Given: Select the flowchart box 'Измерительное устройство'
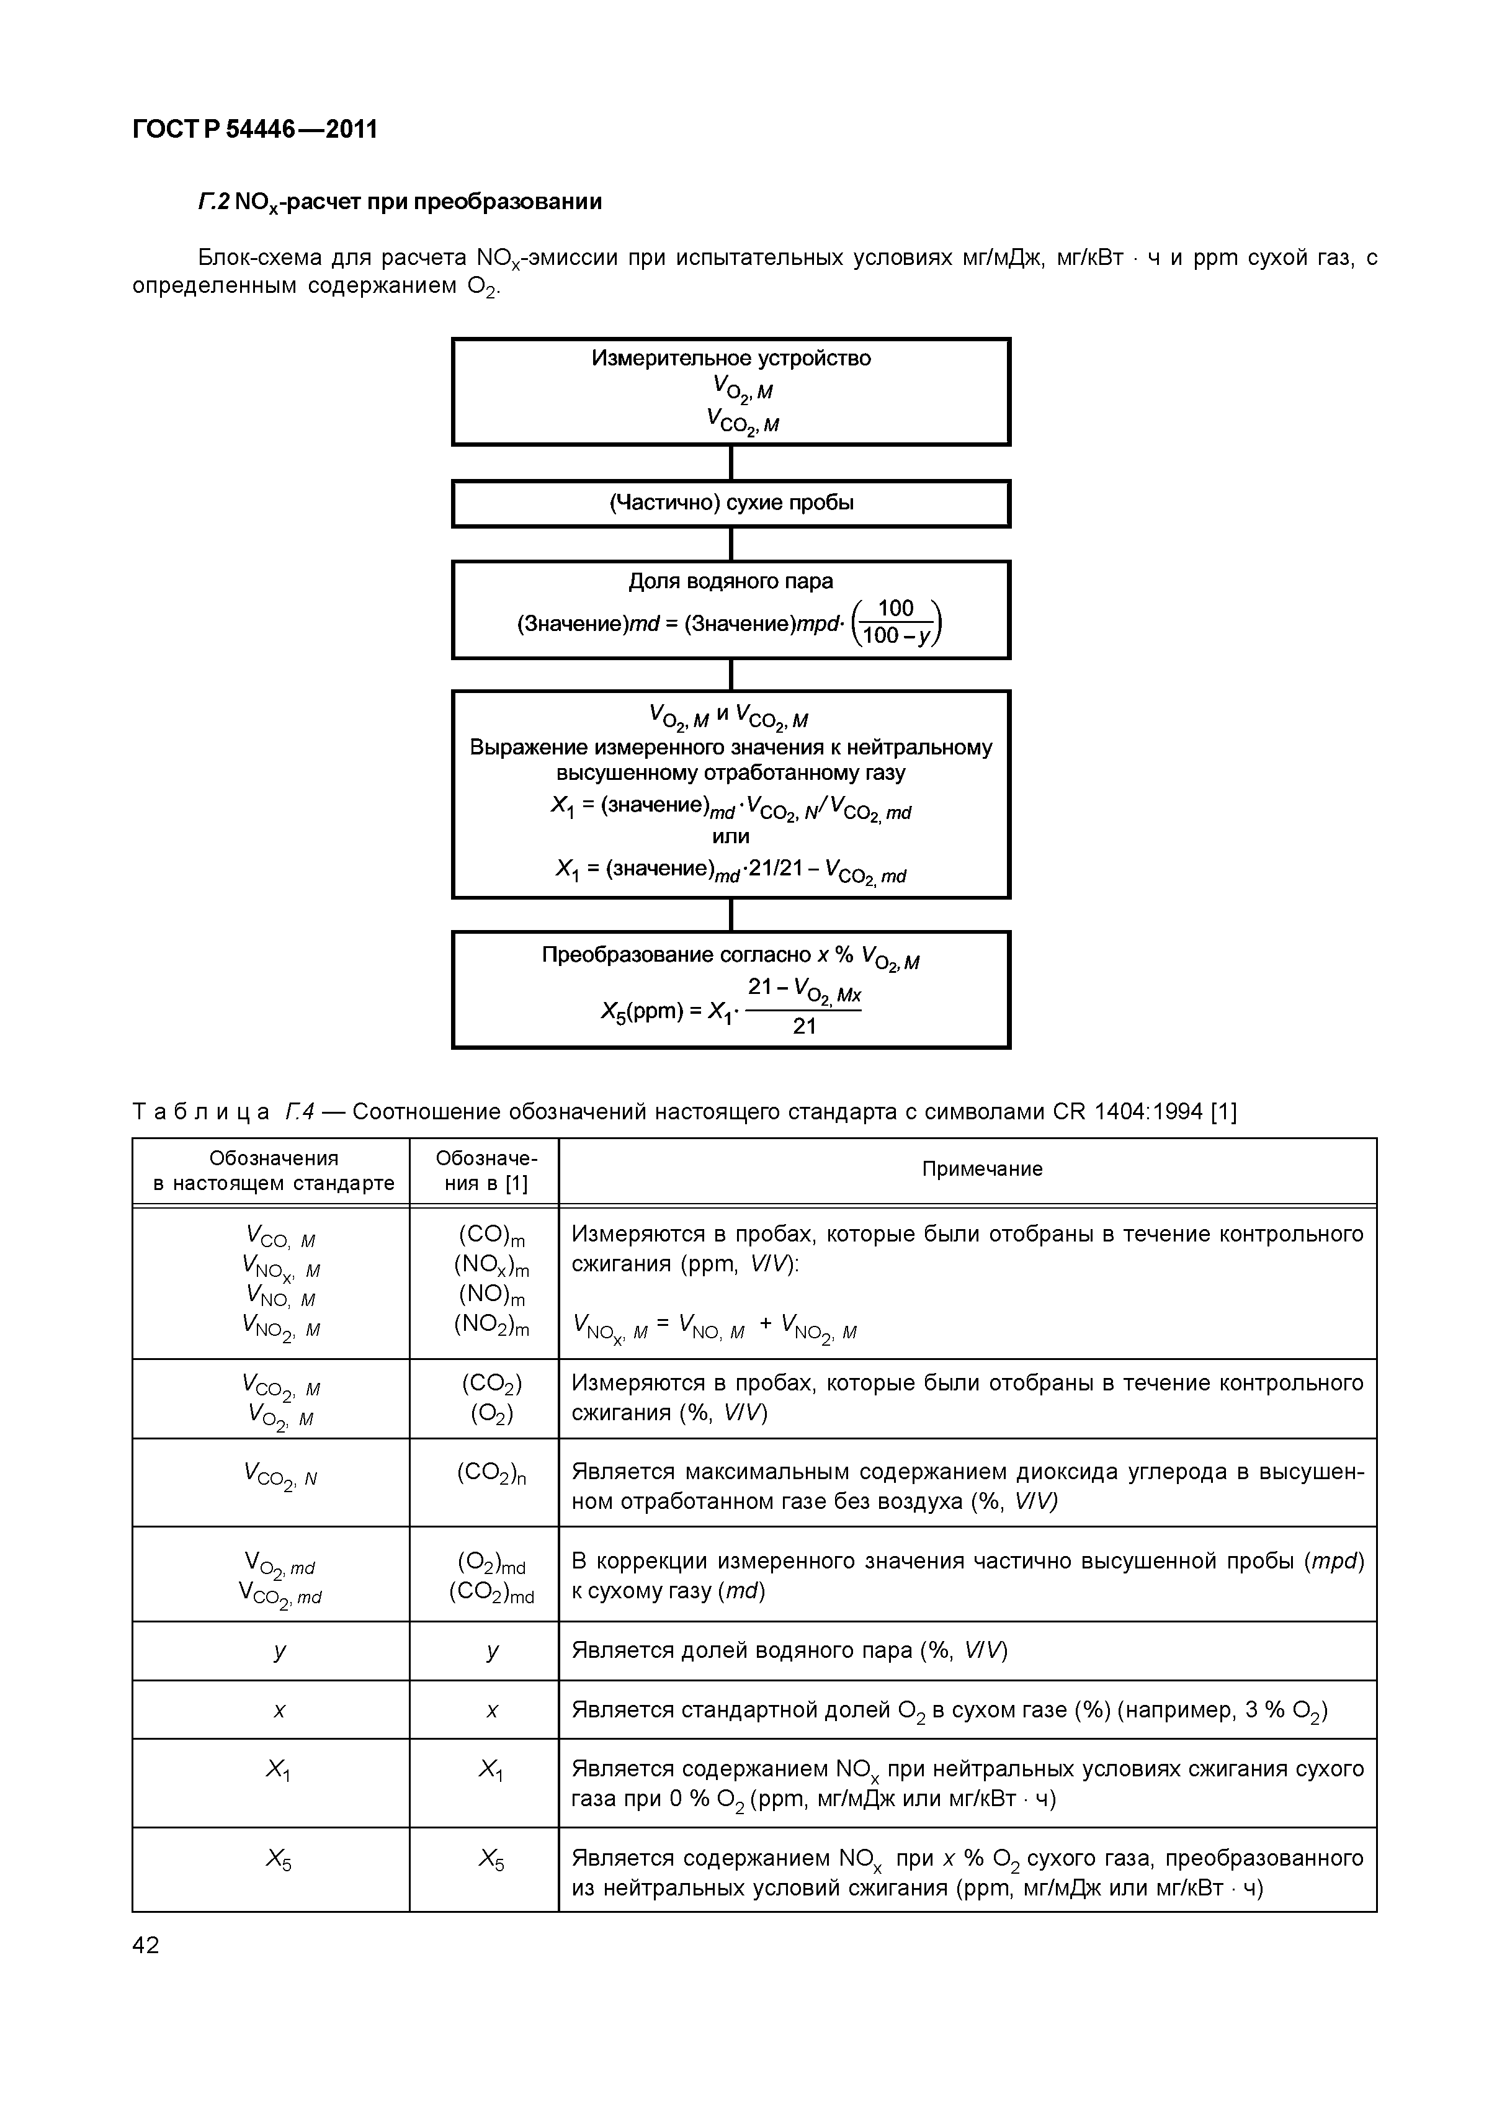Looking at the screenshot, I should tap(730, 391).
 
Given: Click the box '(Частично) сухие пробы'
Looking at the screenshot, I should tap(730, 503).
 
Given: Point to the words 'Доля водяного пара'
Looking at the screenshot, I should tap(730, 581).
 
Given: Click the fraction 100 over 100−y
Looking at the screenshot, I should tap(896, 621).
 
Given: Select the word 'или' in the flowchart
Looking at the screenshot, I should tap(730, 837).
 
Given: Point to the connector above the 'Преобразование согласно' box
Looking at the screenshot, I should tap(731, 915).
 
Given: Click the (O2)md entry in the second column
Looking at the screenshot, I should tap(491, 1564).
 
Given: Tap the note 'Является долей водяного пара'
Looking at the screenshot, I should tap(789, 1650).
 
